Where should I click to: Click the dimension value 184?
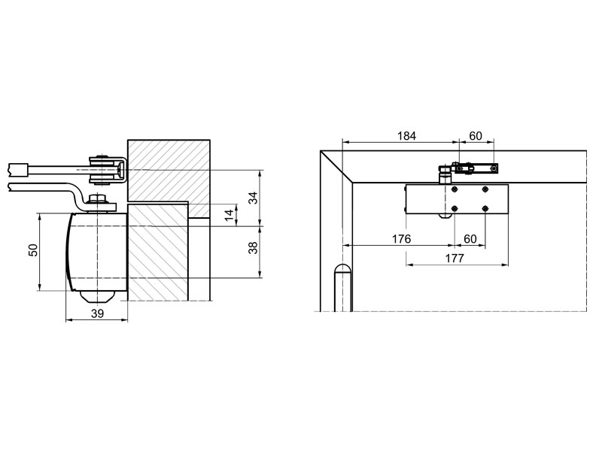[406, 136]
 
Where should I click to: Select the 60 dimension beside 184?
[476, 136]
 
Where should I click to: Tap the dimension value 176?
[401, 239]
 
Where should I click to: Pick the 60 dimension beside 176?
[470, 239]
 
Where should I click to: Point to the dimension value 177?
[455, 258]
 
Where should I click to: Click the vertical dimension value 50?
[34, 250]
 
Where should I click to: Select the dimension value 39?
[98, 313]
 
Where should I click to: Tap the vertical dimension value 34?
[253, 198]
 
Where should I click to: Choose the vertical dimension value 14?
[229, 215]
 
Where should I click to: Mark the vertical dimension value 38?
[253, 247]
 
